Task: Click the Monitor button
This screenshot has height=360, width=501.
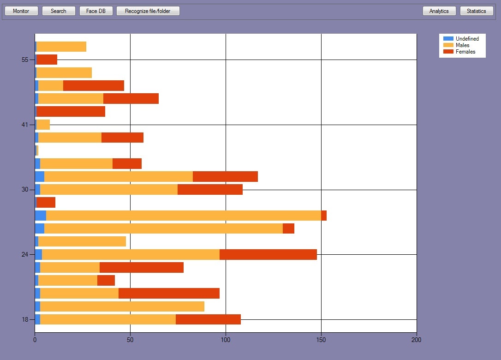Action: coord(21,11)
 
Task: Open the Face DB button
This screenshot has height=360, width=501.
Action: coord(96,11)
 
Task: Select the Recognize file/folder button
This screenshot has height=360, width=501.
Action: coord(148,11)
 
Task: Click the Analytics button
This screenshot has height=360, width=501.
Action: coord(439,11)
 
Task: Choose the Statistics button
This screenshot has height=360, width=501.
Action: coord(477,11)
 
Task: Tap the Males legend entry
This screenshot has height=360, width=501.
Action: coord(462,45)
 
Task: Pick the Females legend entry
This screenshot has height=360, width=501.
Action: coord(465,52)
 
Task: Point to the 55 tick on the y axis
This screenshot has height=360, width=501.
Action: coord(25,60)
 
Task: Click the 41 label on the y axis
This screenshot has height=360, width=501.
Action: coord(25,125)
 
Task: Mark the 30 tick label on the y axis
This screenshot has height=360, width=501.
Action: coord(25,190)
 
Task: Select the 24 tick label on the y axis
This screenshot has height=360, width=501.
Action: coord(25,255)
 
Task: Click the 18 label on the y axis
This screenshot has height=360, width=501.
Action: coord(25,319)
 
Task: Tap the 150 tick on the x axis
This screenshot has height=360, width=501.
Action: coord(321,340)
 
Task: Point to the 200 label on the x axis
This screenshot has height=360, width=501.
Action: coord(416,340)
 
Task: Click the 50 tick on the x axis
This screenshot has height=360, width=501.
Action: coord(130,340)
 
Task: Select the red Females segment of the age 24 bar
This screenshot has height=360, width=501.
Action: coord(268,255)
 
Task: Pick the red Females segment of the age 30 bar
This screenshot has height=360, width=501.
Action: coord(210,190)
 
